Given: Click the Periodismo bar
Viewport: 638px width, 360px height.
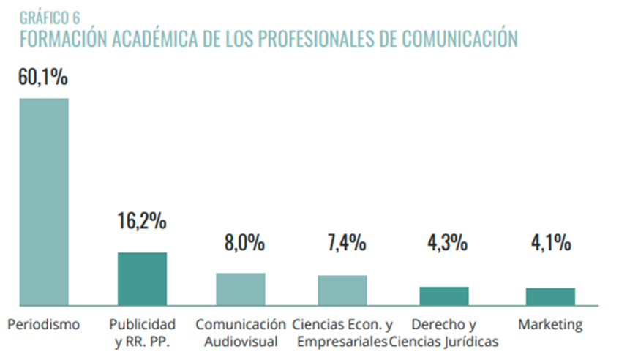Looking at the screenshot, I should (x=44, y=201).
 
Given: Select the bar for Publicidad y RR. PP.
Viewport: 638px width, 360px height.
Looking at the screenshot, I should (x=142, y=279).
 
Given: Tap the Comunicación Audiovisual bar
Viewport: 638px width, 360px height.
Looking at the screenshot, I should (x=240, y=289).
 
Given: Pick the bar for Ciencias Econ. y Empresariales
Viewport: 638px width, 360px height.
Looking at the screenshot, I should (x=342, y=290).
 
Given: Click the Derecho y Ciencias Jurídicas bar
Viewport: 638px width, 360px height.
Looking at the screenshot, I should (x=443, y=296).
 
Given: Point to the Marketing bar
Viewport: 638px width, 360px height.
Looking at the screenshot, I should (x=550, y=296).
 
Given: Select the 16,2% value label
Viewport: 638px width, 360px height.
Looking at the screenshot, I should (x=142, y=220).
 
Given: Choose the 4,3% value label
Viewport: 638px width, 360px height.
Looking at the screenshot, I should (x=443, y=242).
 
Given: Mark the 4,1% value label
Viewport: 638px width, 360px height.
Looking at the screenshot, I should (x=550, y=242).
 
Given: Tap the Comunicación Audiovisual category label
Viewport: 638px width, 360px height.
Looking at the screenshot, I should (x=241, y=332).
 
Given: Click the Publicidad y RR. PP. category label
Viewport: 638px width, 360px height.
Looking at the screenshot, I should (x=142, y=332).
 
